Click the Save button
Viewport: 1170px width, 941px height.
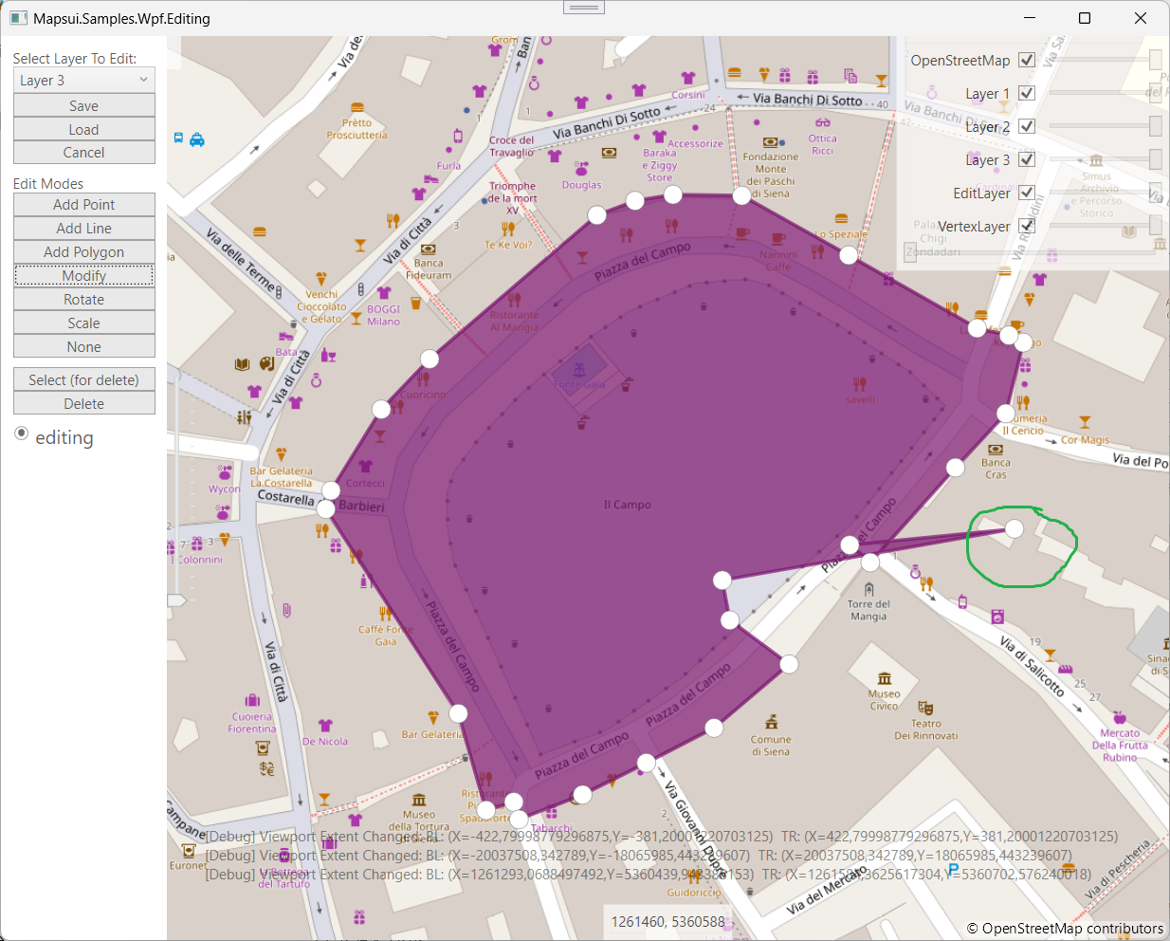pyautogui.click(x=83, y=106)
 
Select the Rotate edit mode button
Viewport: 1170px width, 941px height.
pyautogui.click(x=83, y=300)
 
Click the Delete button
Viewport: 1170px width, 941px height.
pyautogui.click(x=83, y=404)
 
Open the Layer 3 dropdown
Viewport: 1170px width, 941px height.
pyautogui.click(x=83, y=81)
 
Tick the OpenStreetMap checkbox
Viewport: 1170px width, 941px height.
pyautogui.click(x=1026, y=60)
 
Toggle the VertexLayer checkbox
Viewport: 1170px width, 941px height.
pyautogui.click(x=1026, y=226)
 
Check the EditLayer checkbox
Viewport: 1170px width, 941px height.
pyautogui.click(x=1026, y=193)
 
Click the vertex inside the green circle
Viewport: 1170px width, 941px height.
pyautogui.click(x=1015, y=528)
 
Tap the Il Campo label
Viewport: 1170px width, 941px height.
pyautogui.click(x=627, y=505)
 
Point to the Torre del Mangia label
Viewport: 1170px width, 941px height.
pyautogui.click(x=868, y=610)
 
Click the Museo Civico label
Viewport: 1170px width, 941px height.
pyautogui.click(x=884, y=699)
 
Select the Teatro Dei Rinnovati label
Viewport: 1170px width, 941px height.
pyautogui.click(x=926, y=729)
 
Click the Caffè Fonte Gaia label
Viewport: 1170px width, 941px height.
pyautogui.click(x=385, y=635)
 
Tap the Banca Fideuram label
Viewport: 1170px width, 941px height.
pyautogui.click(x=429, y=268)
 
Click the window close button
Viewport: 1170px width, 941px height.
pyautogui.click(x=1141, y=18)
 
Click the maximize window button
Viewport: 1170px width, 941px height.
pyautogui.click(x=1085, y=18)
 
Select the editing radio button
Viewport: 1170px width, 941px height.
pyautogui.click(x=22, y=434)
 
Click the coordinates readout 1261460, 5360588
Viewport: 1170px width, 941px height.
pyautogui.click(x=667, y=921)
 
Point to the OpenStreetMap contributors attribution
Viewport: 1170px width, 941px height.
pyautogui.click(x=1065, y=929)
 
